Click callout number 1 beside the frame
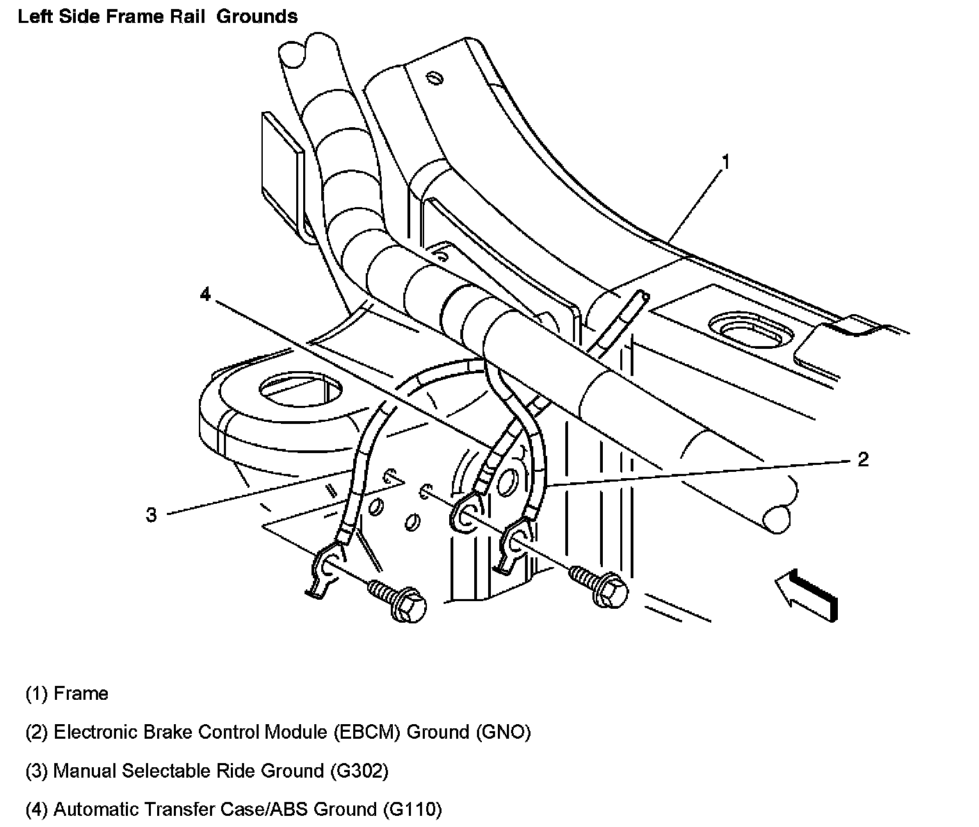pyautogui.click(x=725, y=163)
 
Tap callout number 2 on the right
pyautogui.click(x=862, y=459)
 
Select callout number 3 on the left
pyautogui.click(x=152, y=515)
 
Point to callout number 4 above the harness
pyautogui.click(x=204, y=295)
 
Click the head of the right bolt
pyautogui.click(x=611, y=591)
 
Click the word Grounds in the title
pyautogui.click(x=257, y=17)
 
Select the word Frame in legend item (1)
pyautogui.click(x=81, y=694)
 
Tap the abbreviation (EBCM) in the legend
pyautogui.click(x=366, y=732)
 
